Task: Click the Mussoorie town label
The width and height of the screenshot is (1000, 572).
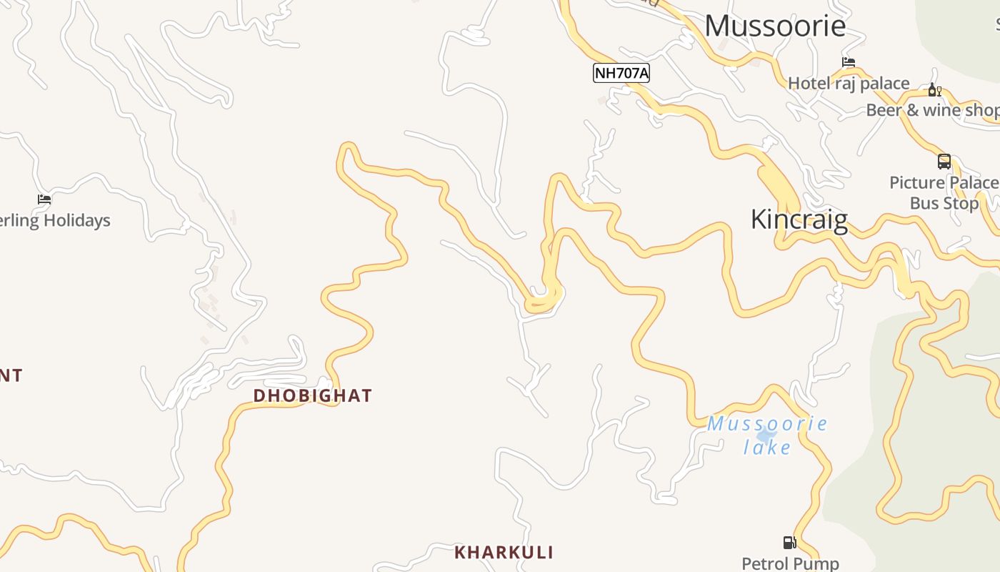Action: coord(775,26)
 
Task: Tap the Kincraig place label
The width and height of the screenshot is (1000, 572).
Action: coord(799,220)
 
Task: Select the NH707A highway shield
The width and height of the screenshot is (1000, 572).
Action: coord(621,73)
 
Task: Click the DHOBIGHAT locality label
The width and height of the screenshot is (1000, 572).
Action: coord(313,395)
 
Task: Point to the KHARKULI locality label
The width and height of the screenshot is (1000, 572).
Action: coord(504,552)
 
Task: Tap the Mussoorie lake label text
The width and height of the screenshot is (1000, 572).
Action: coord(767,435)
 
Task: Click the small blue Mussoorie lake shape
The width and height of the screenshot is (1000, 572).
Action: coord(766,435)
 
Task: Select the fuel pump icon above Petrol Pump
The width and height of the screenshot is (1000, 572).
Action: coord(789,543)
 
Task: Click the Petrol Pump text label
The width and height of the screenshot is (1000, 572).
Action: coord(790,563)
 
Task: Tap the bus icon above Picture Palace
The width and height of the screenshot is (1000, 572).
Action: coord(944,162)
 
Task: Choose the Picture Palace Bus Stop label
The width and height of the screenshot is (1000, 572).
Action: coord(944,193)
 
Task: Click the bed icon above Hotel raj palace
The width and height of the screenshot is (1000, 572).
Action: coord(849,62)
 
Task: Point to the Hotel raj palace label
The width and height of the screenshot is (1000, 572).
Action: coord(849,84)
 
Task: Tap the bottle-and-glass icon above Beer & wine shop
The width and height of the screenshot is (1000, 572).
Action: coord(934,90)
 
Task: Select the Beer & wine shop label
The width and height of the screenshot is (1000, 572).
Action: coord(932,110)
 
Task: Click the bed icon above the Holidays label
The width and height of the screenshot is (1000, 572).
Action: coord(44,199)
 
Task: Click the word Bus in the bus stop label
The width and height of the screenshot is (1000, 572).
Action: coord(924,203)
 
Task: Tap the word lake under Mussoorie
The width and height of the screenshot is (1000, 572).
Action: coord(767,448)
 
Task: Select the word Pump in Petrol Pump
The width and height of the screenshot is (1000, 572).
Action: coord(819,563)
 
